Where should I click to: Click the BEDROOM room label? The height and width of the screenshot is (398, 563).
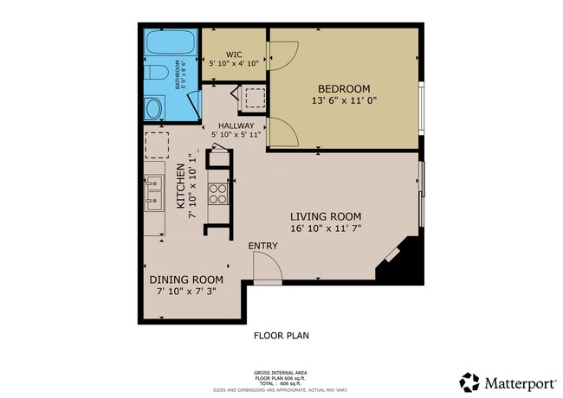(x=344, y=88)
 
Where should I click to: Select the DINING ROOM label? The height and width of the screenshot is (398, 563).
(x=186, y=280)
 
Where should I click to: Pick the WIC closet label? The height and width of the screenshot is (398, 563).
(x=234, y=53)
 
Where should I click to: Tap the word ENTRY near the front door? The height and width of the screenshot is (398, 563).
(x=262, y=246)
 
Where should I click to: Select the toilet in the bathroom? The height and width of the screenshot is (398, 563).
(x=152, y=74)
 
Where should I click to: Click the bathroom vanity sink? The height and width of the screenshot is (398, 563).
(x=152, y=108)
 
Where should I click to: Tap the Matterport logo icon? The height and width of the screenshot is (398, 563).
(x=469, y=382)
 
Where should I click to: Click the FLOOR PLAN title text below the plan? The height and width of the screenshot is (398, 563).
(x=281, y=335)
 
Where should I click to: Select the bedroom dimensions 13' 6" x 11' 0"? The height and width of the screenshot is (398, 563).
(x=344, y=101)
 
